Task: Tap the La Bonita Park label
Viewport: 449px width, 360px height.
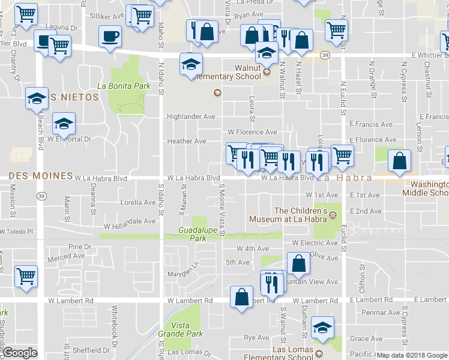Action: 123,86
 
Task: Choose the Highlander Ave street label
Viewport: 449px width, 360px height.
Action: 191,117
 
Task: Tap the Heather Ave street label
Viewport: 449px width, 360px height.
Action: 187,142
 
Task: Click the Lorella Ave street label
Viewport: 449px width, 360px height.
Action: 138,203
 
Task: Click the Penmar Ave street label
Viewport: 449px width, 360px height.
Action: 381,313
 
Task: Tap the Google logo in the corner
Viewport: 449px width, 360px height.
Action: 20,353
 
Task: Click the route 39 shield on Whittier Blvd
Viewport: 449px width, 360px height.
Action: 324,55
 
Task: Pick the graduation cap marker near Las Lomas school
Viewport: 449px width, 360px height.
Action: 322,328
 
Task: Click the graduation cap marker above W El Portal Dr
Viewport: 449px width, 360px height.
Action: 62,124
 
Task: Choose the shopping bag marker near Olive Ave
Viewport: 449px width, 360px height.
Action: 298,263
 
